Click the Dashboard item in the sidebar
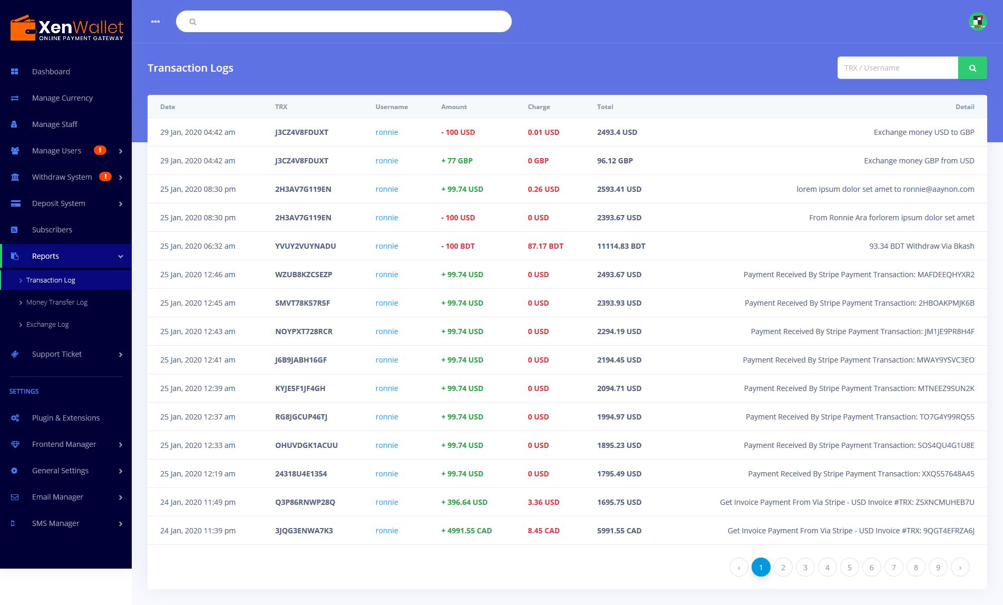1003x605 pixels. (x=51, y=72)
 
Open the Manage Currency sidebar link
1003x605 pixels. (x=62, y=98)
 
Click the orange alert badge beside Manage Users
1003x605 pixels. (x=100, y=150)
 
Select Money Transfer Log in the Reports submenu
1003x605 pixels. (x=57, y=302)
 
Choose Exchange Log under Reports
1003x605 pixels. (x=47, y=325)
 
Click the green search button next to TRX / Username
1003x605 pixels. (x=972, y=68)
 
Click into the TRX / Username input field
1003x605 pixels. (x=898, y=68)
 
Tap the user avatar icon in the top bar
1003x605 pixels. (x=978, y=22)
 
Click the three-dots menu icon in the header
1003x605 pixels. (x=155, y=22)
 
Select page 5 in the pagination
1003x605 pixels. (x=850, y=567)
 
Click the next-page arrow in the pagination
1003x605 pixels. (x=960, y=567)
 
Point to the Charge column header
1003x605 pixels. (x=539, y=107)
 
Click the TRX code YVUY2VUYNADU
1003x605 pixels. (x=305, y=246)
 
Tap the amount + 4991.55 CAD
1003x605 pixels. (x=466, y=531)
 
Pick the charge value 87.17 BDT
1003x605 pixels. (x=546, y=246)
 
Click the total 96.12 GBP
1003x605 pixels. (x=615, y=161)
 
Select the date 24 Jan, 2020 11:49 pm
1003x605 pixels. (x=198, y=502)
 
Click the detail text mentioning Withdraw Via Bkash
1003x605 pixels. (x=921, y=246)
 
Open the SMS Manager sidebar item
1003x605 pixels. (x=55, y=523)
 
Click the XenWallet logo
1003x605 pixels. (x=66, y=28)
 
